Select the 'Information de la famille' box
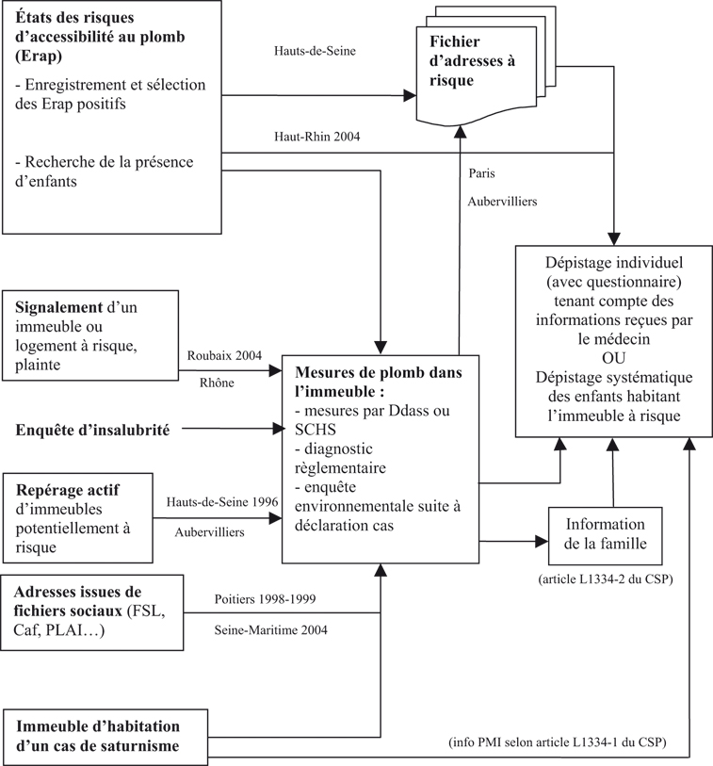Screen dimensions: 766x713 (606, 534)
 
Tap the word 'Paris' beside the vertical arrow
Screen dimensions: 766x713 (482, 173)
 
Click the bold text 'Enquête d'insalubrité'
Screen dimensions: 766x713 (92, 431)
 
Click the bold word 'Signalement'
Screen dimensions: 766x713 (57, 308)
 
